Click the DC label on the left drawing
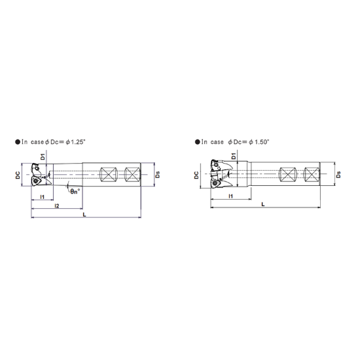coord(18,175)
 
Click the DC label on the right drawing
coord(196,175)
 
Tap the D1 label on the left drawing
coord(43,157)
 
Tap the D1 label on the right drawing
coord(234,156)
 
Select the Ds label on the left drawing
coord(158,175)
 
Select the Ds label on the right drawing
coord(338,175)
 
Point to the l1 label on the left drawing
coord(43,197)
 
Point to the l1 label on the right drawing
coord(231,196)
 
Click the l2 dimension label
coord(57,206)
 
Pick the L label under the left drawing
coord(84,215)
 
